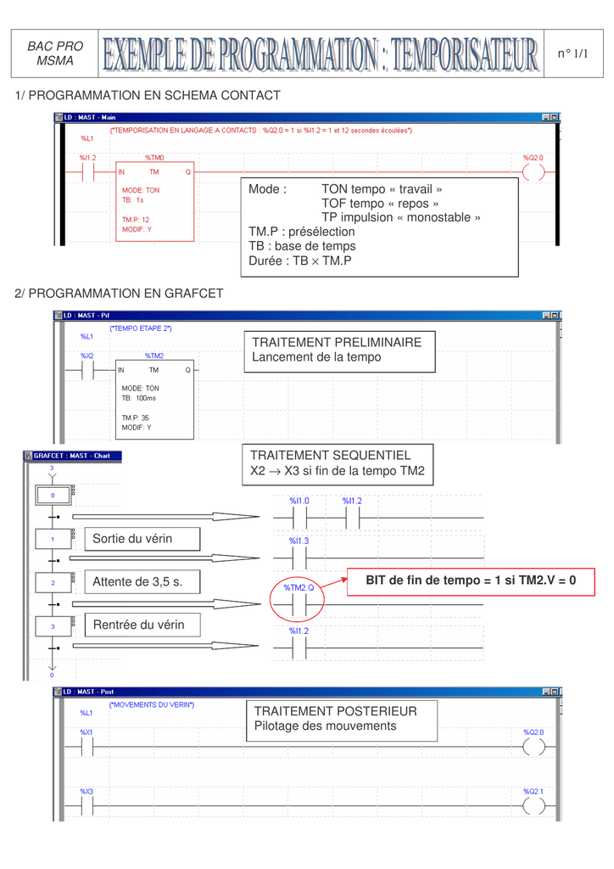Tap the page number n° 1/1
[x=572, y=54]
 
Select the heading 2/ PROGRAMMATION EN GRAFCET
[x=120, y=294]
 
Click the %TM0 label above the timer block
[x=155, y=158]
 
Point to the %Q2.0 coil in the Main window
[x=533, y=172]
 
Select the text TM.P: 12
[x=136, y=219]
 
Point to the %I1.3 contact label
[x=299, y=541]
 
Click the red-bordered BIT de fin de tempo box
[x=470, y=580]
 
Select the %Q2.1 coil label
[x=533, y=791]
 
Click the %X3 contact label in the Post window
[x=87, y=791]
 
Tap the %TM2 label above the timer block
[x=154, y=356]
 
